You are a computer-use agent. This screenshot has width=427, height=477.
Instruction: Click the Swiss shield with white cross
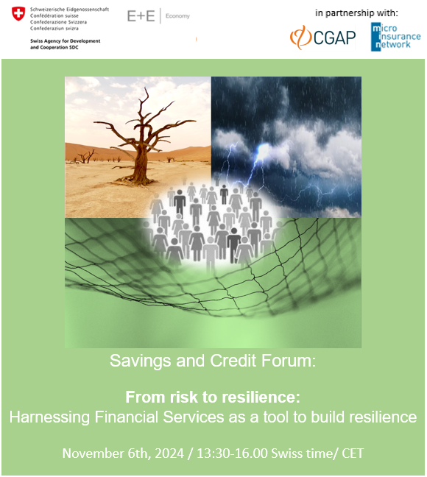coord(18,14)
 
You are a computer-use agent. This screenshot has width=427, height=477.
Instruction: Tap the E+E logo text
coord(141,15)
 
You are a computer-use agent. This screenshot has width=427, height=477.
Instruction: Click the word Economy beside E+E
coord(177,15)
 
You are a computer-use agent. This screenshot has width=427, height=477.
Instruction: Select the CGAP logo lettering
coord(334,38)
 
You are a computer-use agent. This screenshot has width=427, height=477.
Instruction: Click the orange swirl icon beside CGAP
coord(300,38)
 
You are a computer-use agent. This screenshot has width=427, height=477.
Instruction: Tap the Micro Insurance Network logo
coord(395,37)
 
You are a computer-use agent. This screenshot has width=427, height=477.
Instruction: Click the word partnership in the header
coord(350,13)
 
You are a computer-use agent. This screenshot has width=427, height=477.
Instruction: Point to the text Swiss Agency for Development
coord(65,40)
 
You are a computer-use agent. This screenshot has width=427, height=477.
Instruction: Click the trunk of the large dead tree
coord(141,161)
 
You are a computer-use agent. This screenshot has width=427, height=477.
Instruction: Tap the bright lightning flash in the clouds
coord(261,152)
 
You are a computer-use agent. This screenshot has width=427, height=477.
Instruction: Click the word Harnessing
coord(49,417)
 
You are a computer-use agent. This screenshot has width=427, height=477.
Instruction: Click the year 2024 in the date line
coord(169,453)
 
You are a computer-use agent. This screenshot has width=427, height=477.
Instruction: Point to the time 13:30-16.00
coord(232,453)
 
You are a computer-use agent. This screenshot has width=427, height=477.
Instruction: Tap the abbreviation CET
coord(353,453)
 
